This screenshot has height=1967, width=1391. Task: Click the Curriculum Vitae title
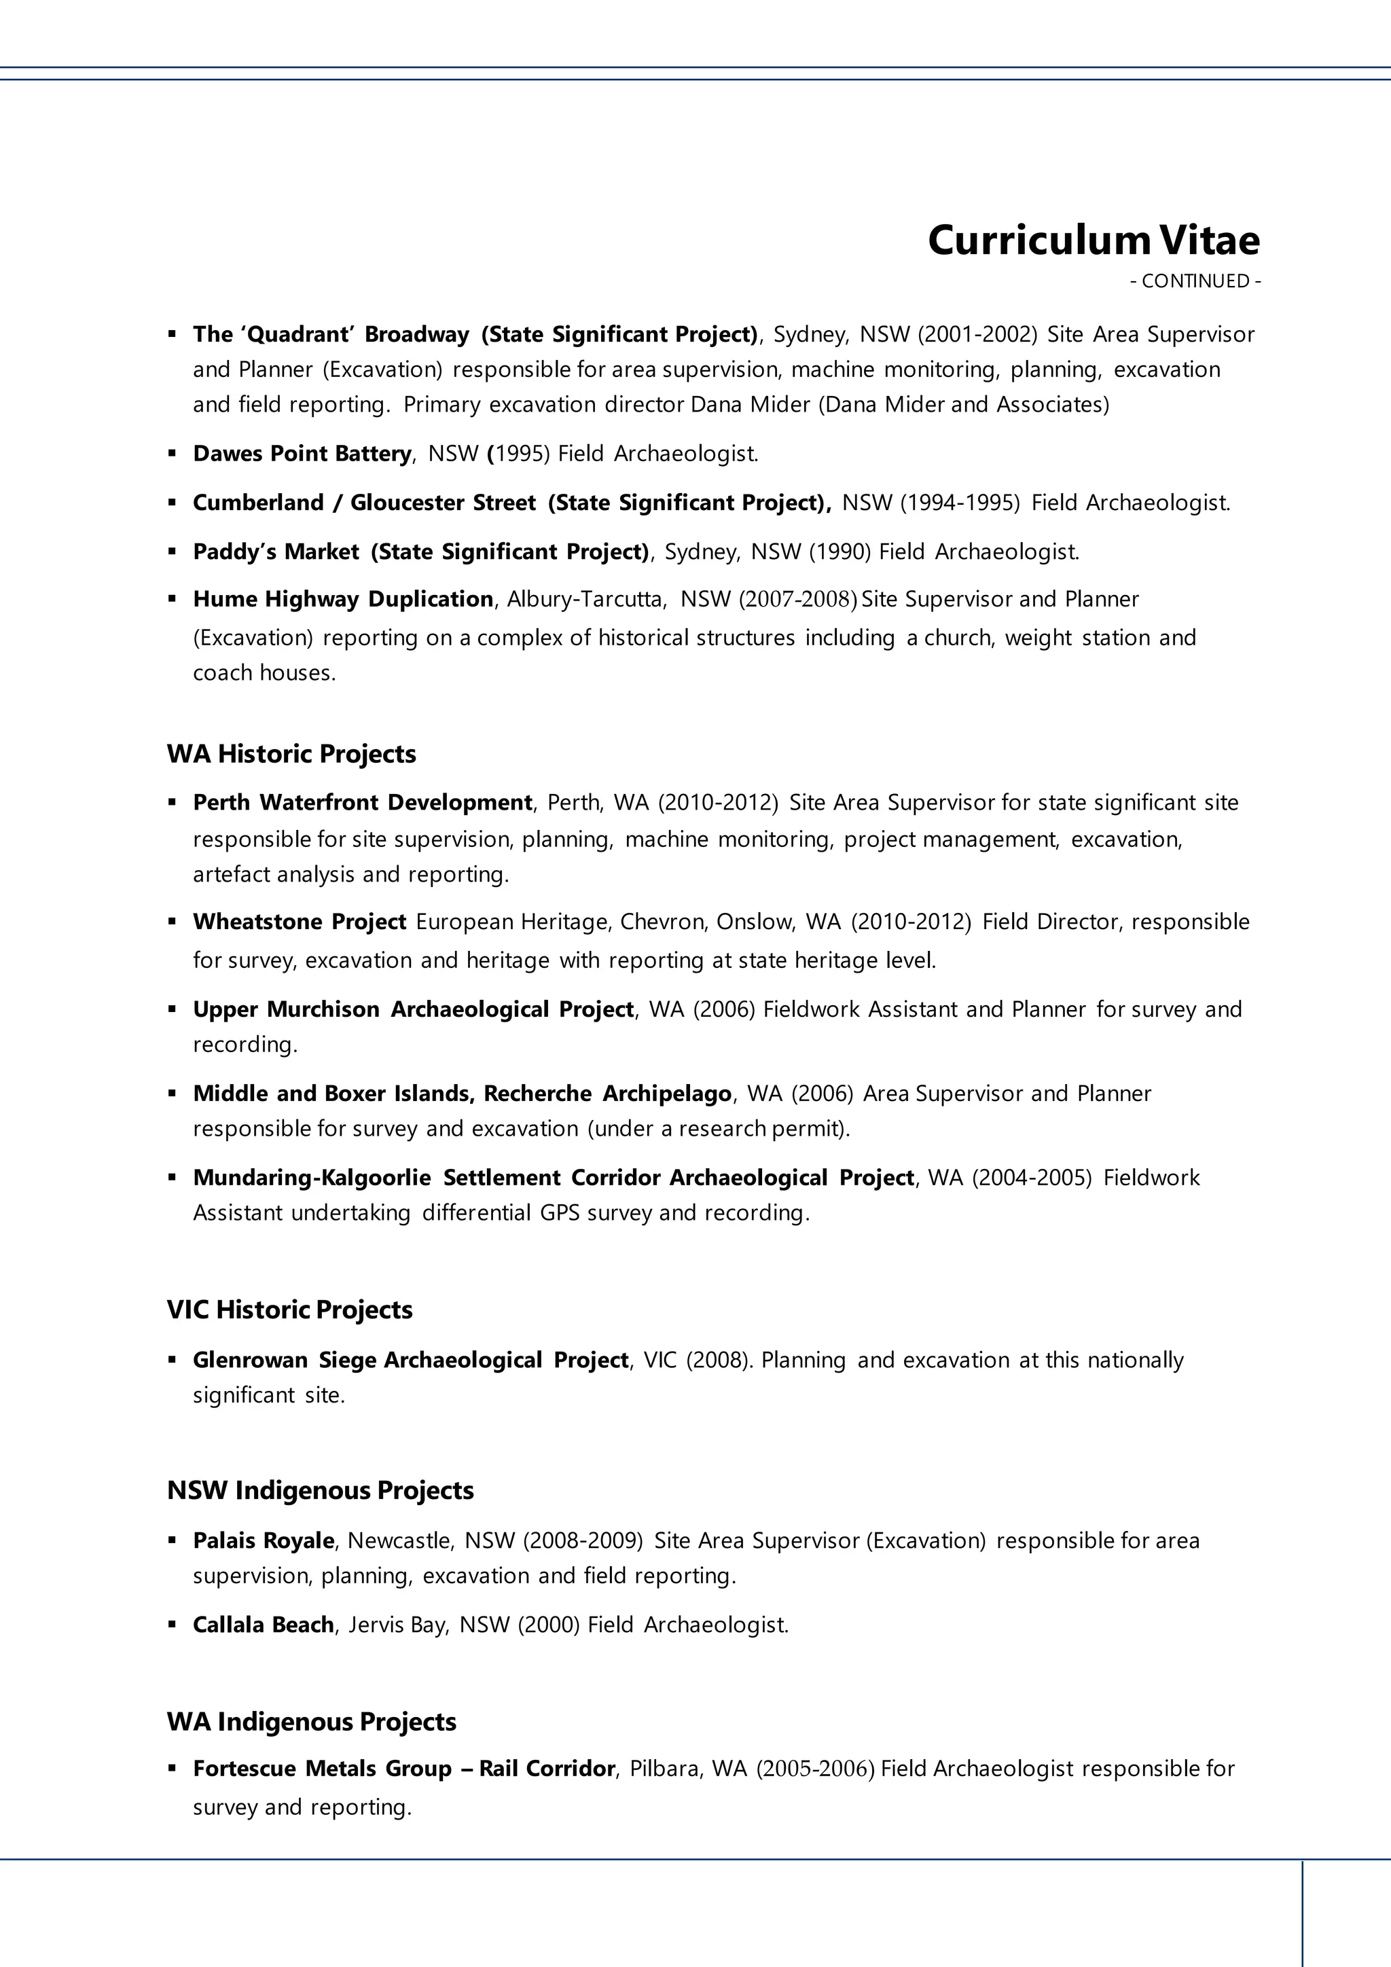pyautogui.click(x=1093, y=240)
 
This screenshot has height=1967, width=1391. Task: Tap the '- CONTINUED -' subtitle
pyautogui.click(x=1195, y=281)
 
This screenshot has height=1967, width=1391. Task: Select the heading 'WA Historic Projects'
pyautogui.click(x=291, y=754)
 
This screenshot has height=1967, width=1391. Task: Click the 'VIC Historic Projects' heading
pyautogui.click(x=289, y=1310)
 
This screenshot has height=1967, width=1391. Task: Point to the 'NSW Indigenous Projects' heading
pyautogui.click(x=321, y=1491)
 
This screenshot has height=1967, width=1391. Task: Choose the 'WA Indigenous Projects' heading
pyautogui.click(x=312, y=1722)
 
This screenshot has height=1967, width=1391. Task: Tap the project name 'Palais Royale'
pyautogui.click(x=263, y=1540)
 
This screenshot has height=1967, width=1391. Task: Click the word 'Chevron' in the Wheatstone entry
pyautogui.click(x=663, y=922)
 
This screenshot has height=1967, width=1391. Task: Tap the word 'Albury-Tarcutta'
pyautogui.click(x=586, y=599)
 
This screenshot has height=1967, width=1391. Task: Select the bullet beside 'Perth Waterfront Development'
pyautogui.click(x=172, y=803)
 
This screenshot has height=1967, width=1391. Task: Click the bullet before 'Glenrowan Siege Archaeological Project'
pyautogui.click(x=172, y=1360)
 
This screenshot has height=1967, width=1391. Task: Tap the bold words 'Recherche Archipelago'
pyautogui.click(x=607, y=1094)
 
